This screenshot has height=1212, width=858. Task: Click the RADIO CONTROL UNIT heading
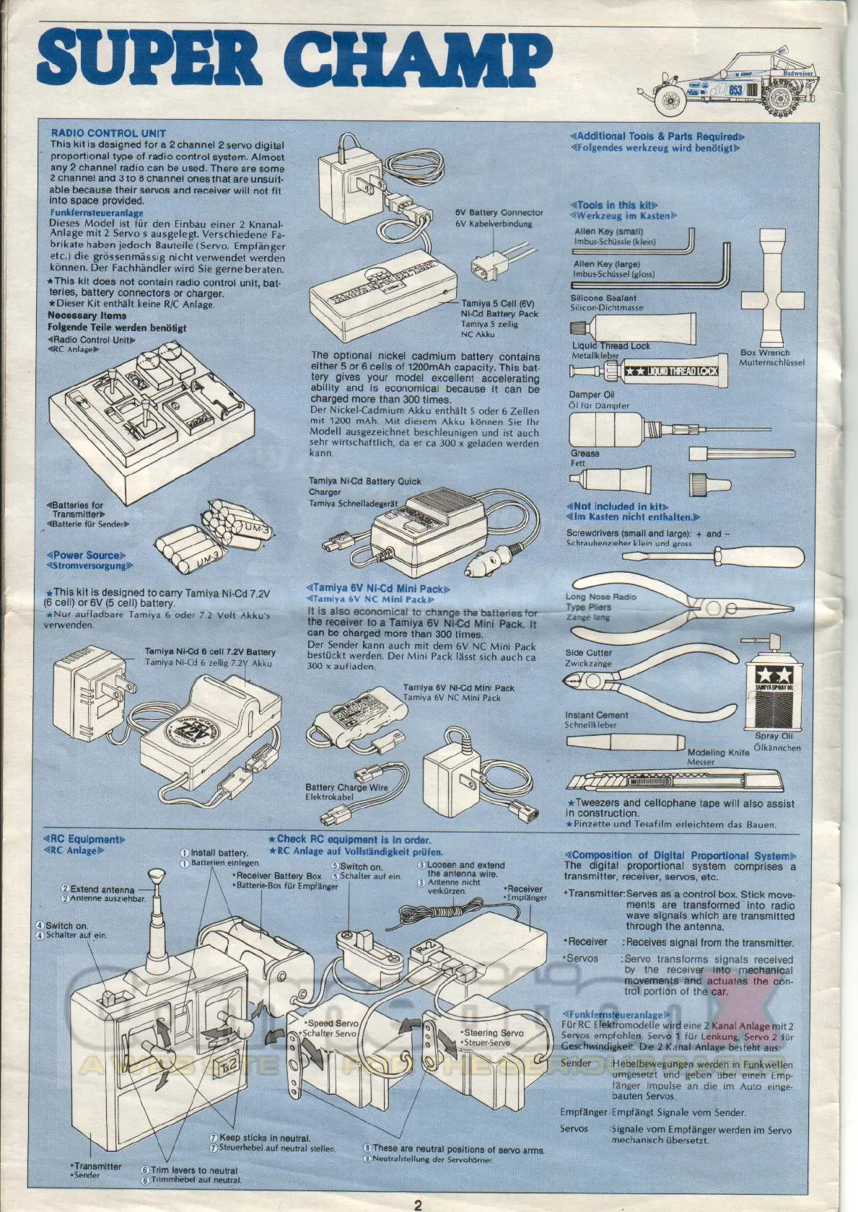(108, 133)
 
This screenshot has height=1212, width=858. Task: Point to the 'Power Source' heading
(86, 555)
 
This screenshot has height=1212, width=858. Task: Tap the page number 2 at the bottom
(418, 1203)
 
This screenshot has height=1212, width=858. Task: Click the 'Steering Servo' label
(494, 1033)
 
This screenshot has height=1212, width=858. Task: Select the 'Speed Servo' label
(333, 1023)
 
